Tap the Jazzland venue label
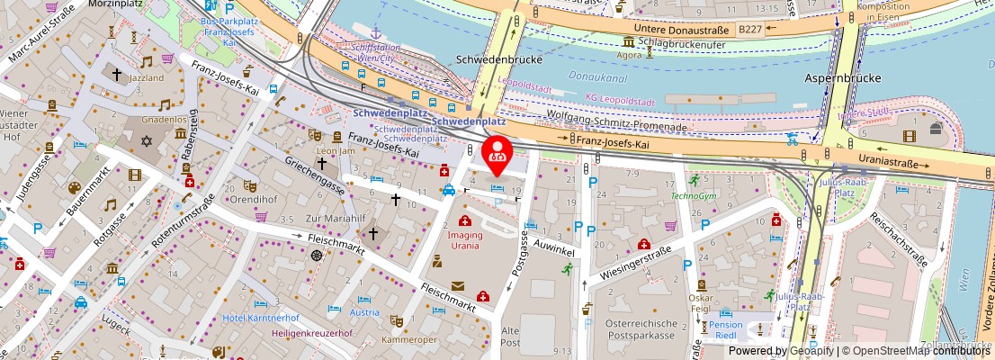pyautogui.click(x=120, y=79)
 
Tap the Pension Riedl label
pyautogui.click(x=725, y=330)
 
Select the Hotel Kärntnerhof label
pyautogui.click(x=260, y=319)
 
